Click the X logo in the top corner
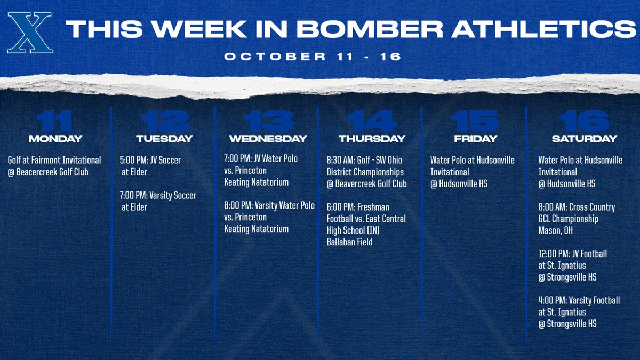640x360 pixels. point(30,33)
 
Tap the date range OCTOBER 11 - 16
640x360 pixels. point(313,57)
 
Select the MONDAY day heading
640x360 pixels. point(55,139)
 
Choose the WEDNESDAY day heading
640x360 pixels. point(268,139)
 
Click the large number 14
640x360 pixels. point(372,122)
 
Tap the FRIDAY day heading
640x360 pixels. point(475,139)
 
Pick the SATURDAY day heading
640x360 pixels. point(584,139)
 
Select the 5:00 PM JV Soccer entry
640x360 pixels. point(150,160)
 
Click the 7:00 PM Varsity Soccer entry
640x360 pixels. point(158,196)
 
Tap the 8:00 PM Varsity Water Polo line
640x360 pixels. point(269,205)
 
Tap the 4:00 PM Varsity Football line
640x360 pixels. point(579,301)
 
